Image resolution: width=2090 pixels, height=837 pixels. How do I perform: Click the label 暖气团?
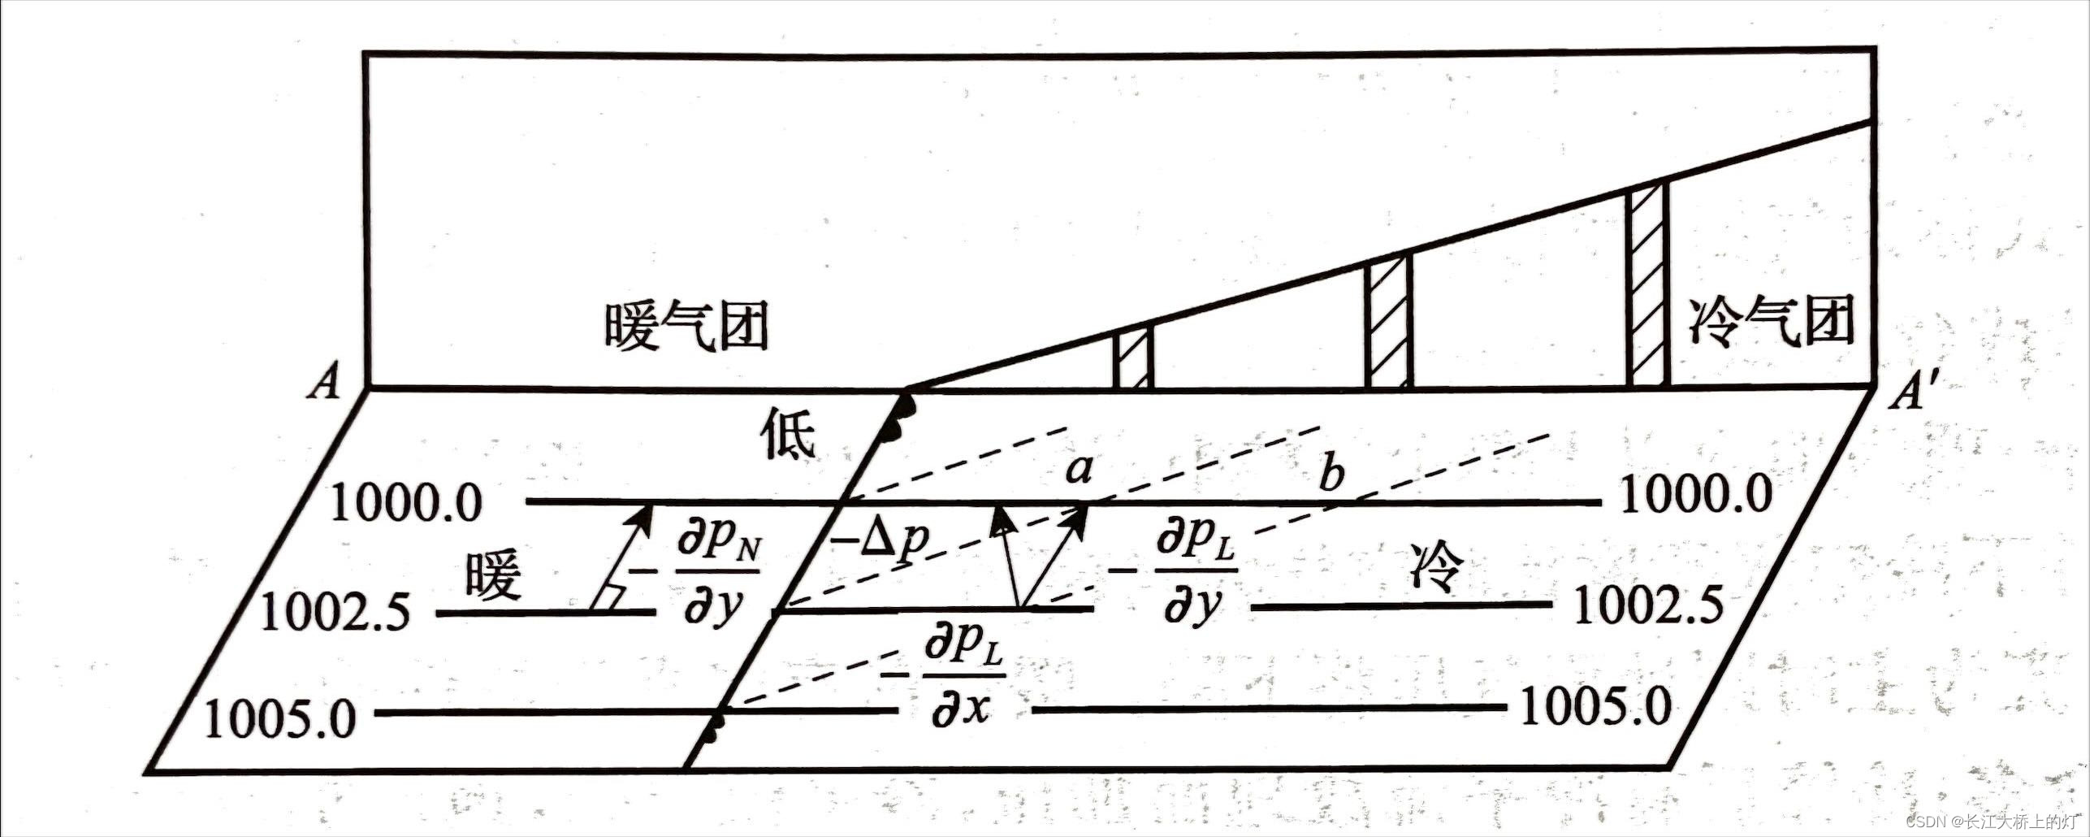coord(686,327)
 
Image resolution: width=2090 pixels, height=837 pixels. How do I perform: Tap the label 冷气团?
coord(1774,321)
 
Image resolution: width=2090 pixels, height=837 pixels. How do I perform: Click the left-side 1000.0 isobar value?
coord(407,505)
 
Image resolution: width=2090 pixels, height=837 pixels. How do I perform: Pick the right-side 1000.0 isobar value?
coord(1695,494)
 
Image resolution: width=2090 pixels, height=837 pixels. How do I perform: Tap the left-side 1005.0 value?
coord(280,719)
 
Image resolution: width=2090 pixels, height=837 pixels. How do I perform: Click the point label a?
coord(1078,471)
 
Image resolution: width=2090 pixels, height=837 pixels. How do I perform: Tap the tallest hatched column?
coord(1647,288)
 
